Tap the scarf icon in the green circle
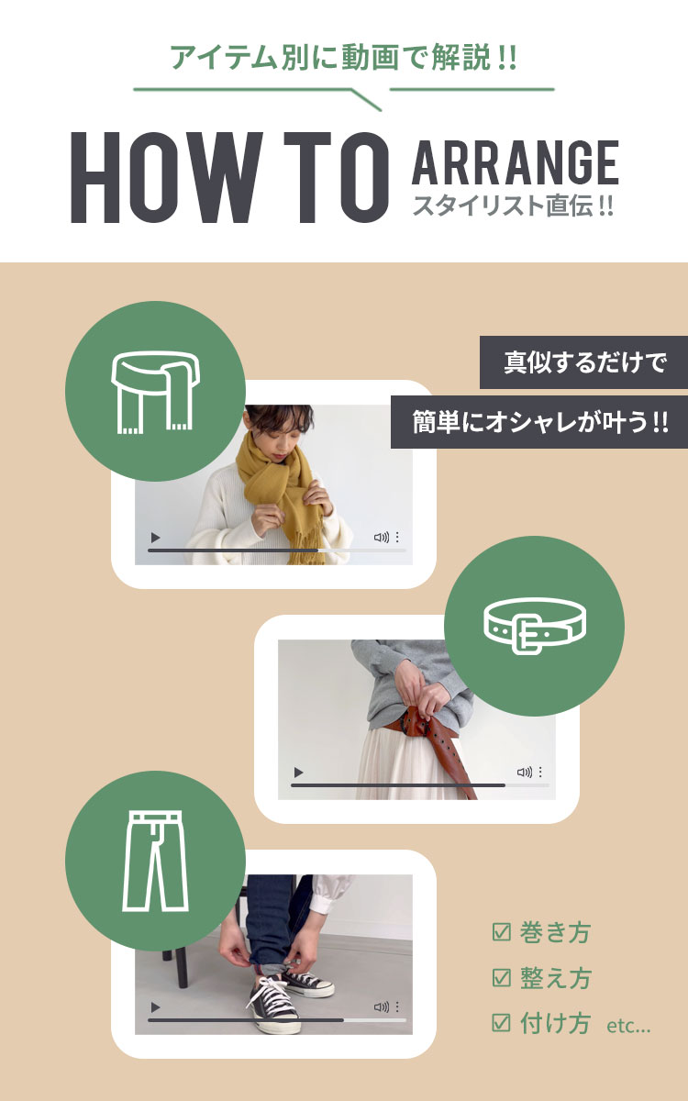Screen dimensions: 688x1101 155,392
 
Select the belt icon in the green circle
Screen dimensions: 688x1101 534,625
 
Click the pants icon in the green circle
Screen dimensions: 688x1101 155,861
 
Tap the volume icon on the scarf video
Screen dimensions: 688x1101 381,538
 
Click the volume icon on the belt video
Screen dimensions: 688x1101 524,773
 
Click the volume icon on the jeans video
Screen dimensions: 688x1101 381,1007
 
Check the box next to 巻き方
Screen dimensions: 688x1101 501,932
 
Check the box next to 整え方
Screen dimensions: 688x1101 501,978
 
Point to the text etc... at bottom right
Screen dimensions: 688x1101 628,1026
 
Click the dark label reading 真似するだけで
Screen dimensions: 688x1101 583,362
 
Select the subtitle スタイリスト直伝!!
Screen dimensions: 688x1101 513,206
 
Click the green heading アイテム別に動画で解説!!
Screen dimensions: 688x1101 343,58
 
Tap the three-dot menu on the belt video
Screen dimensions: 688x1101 540,773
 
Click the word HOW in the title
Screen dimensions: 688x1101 166,177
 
